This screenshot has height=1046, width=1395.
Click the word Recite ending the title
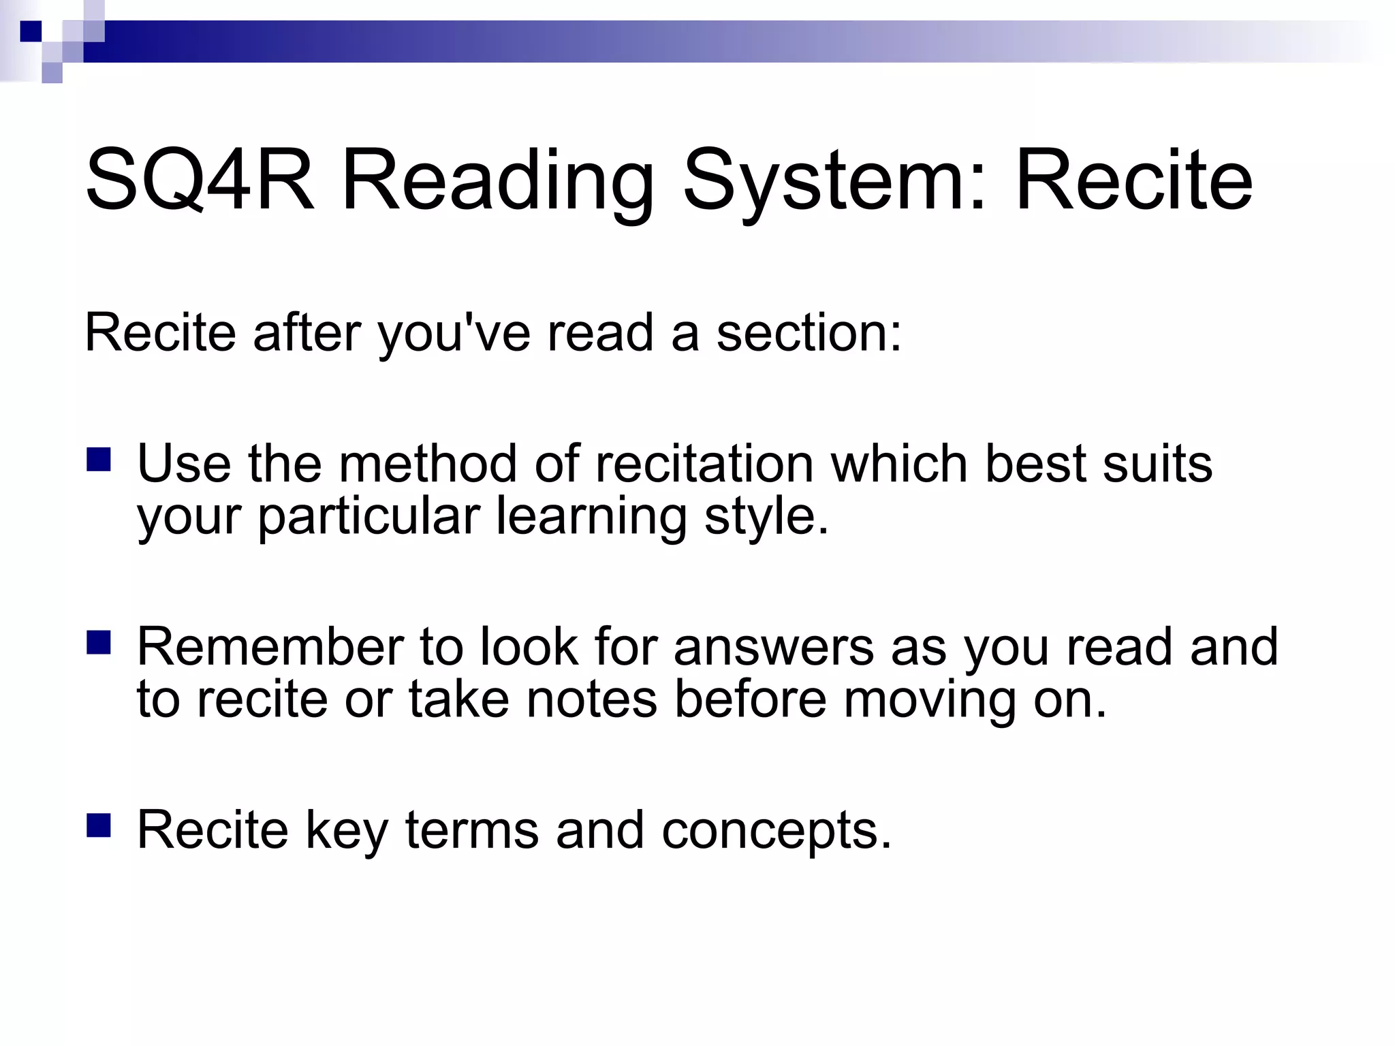1133,180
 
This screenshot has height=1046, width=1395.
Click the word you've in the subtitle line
454,334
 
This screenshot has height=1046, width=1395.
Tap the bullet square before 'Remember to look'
99,642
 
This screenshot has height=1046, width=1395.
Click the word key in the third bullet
347,831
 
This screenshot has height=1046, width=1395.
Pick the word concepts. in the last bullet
777,831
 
